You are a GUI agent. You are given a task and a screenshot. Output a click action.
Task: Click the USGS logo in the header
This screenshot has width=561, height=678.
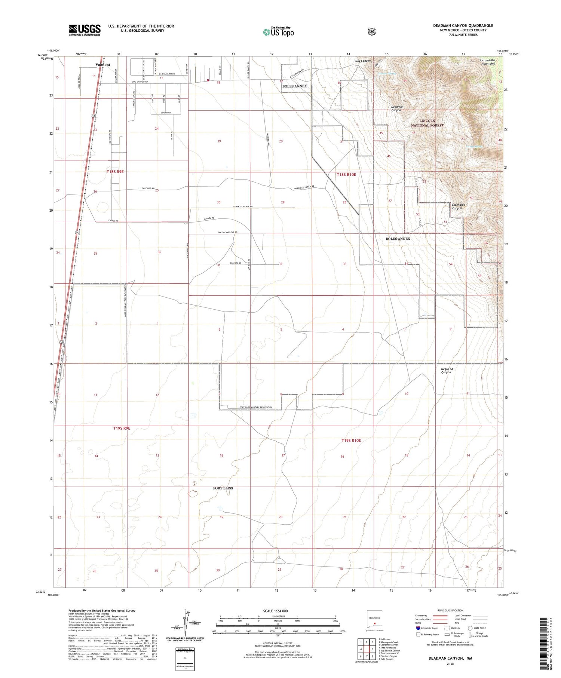(85, 30)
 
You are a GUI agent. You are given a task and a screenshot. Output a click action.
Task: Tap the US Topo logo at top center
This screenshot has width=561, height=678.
(278, 32)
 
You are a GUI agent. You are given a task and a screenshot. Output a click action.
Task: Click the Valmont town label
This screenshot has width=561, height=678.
(103, 65)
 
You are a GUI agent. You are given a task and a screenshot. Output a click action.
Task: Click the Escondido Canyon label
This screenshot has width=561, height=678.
(457, 206)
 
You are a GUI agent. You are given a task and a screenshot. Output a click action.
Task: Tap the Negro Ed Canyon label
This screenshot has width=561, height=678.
(446, 371)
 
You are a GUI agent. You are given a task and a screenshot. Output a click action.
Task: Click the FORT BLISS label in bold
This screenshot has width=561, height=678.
(223, 488)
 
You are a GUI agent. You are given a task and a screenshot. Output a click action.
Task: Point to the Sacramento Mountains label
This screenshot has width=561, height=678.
(487, 62)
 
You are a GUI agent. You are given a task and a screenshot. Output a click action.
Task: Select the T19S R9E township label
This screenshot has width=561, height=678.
(122, 428)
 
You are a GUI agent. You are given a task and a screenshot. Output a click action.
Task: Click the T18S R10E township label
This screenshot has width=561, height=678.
(346, 175)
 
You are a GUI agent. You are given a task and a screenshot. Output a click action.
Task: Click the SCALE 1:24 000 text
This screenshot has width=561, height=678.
(275, 611)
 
